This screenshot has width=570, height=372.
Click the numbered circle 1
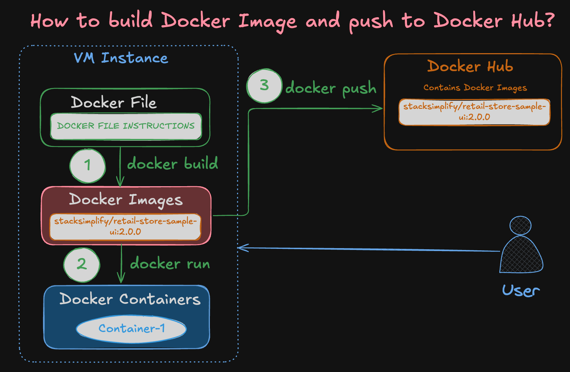(x=88, y=166)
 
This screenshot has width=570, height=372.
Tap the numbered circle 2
(x=82, y=265)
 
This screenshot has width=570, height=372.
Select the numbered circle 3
(x=264, y=86)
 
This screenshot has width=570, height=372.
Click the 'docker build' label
(x=172, y=163)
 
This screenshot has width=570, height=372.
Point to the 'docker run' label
(x=170, y=264)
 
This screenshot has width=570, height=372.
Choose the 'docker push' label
(x=330, y=88)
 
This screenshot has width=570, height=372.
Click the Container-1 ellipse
(x=131, y=328)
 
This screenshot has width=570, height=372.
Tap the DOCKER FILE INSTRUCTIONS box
(x=126, y=126)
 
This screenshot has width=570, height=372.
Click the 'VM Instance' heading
(x=121, y=58)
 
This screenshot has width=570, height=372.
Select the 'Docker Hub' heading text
(x=470, y=67)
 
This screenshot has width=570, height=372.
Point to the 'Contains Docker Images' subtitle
(x=475, y=88)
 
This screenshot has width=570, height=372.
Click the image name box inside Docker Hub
(x=474, y=112)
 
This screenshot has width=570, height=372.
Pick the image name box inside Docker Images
(x=125, y=226)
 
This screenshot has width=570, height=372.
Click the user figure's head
(x=520, y=225)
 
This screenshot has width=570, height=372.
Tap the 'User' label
(x=521, y=291)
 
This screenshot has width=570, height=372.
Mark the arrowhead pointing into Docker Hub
(x=379, y=108)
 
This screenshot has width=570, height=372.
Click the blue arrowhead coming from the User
(x=242, y=248)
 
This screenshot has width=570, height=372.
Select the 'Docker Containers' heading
(x=130, y=299)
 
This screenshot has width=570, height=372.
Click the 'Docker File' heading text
(x=114, y=103)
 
